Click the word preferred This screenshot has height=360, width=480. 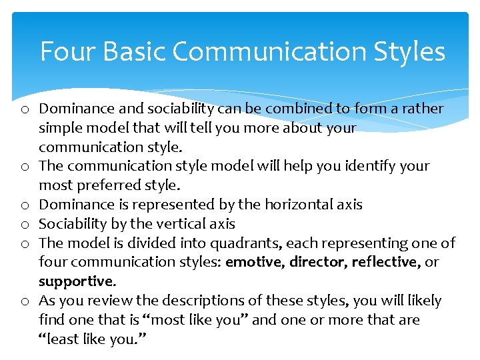point(103,185)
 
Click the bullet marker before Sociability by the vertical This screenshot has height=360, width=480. point(24,225)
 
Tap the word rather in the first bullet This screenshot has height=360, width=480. point(424,109)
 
